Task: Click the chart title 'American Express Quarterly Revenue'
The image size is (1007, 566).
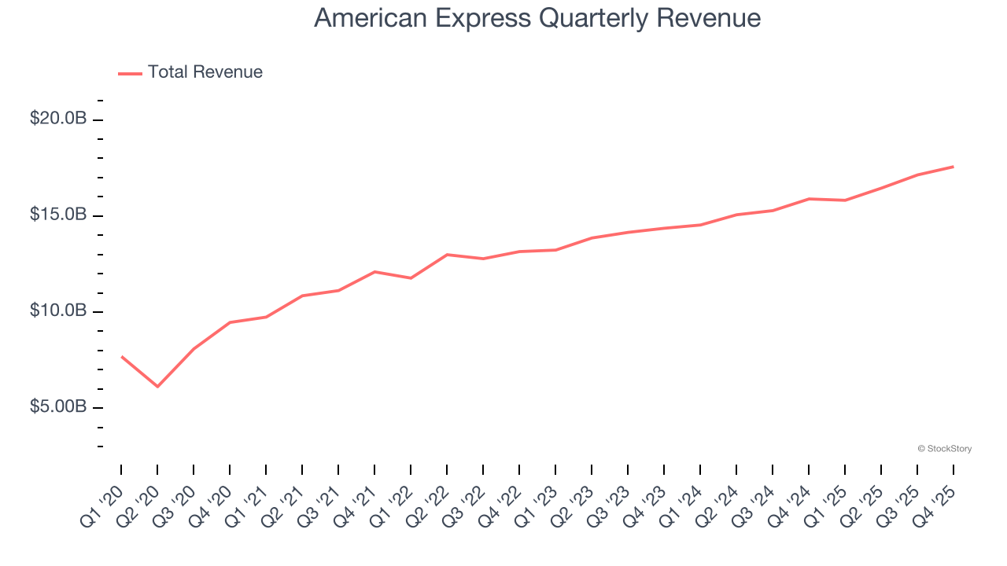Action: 537,18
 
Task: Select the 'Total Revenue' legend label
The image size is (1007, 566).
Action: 205,72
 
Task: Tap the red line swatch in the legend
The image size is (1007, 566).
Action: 130,73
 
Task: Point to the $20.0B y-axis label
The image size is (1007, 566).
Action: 58,119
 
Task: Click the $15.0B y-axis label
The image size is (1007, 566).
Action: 58,215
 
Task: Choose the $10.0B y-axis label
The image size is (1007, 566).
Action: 58,311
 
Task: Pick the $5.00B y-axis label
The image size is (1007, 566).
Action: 58,407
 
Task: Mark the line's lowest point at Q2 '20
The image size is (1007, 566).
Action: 157,386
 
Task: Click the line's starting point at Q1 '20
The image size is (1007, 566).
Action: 121,357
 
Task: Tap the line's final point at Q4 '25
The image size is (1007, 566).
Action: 954,167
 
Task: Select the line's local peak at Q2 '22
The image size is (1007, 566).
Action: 447,255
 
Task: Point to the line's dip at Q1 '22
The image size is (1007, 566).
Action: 411,278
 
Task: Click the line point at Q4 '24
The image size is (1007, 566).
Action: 809,199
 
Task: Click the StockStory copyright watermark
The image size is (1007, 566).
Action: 944,449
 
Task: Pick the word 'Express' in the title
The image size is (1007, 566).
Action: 482,18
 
